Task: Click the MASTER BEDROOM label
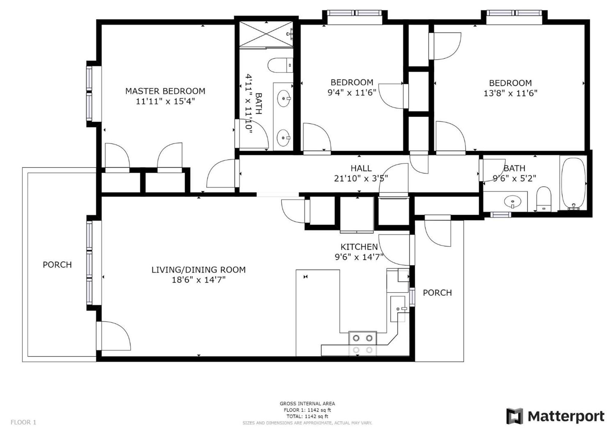pyautogui.click(x=165, y=91)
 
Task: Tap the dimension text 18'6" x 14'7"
pyautogui.click(x=199, y=280)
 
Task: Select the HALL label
pyautogui.click(x=361, y=168)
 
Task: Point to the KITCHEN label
pyautogui.click(x=359, y=247)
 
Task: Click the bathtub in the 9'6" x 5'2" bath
pyautogui.click(x=573, y=183)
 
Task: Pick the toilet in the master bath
pyautogui.click(x=280, y=65)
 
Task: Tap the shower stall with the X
pyautogui.click(x=266, y=34)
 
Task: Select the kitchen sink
pyautogui.click(x=398, y=309)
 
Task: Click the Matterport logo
pyautogui.click(x=555, y=416)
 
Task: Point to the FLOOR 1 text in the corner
pyautogui.click(x=23, y=422)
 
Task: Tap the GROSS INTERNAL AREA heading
pyautogui.click(x=307, y=404)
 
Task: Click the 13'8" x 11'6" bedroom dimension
pyautogui.click(x=510, y=93)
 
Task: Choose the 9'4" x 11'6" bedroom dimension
pyautogui.click(x=352, y=93)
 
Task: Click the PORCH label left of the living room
pyautogui.click(x=57, y=265)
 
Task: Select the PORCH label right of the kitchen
pyautogui.click(x=437, y=293)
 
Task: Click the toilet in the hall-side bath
pyautogui.click(x=544, y=199)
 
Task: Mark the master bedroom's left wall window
pyautogui.click(x=90, y=94)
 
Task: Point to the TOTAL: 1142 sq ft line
pyautogui.click(x=307, y=416)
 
